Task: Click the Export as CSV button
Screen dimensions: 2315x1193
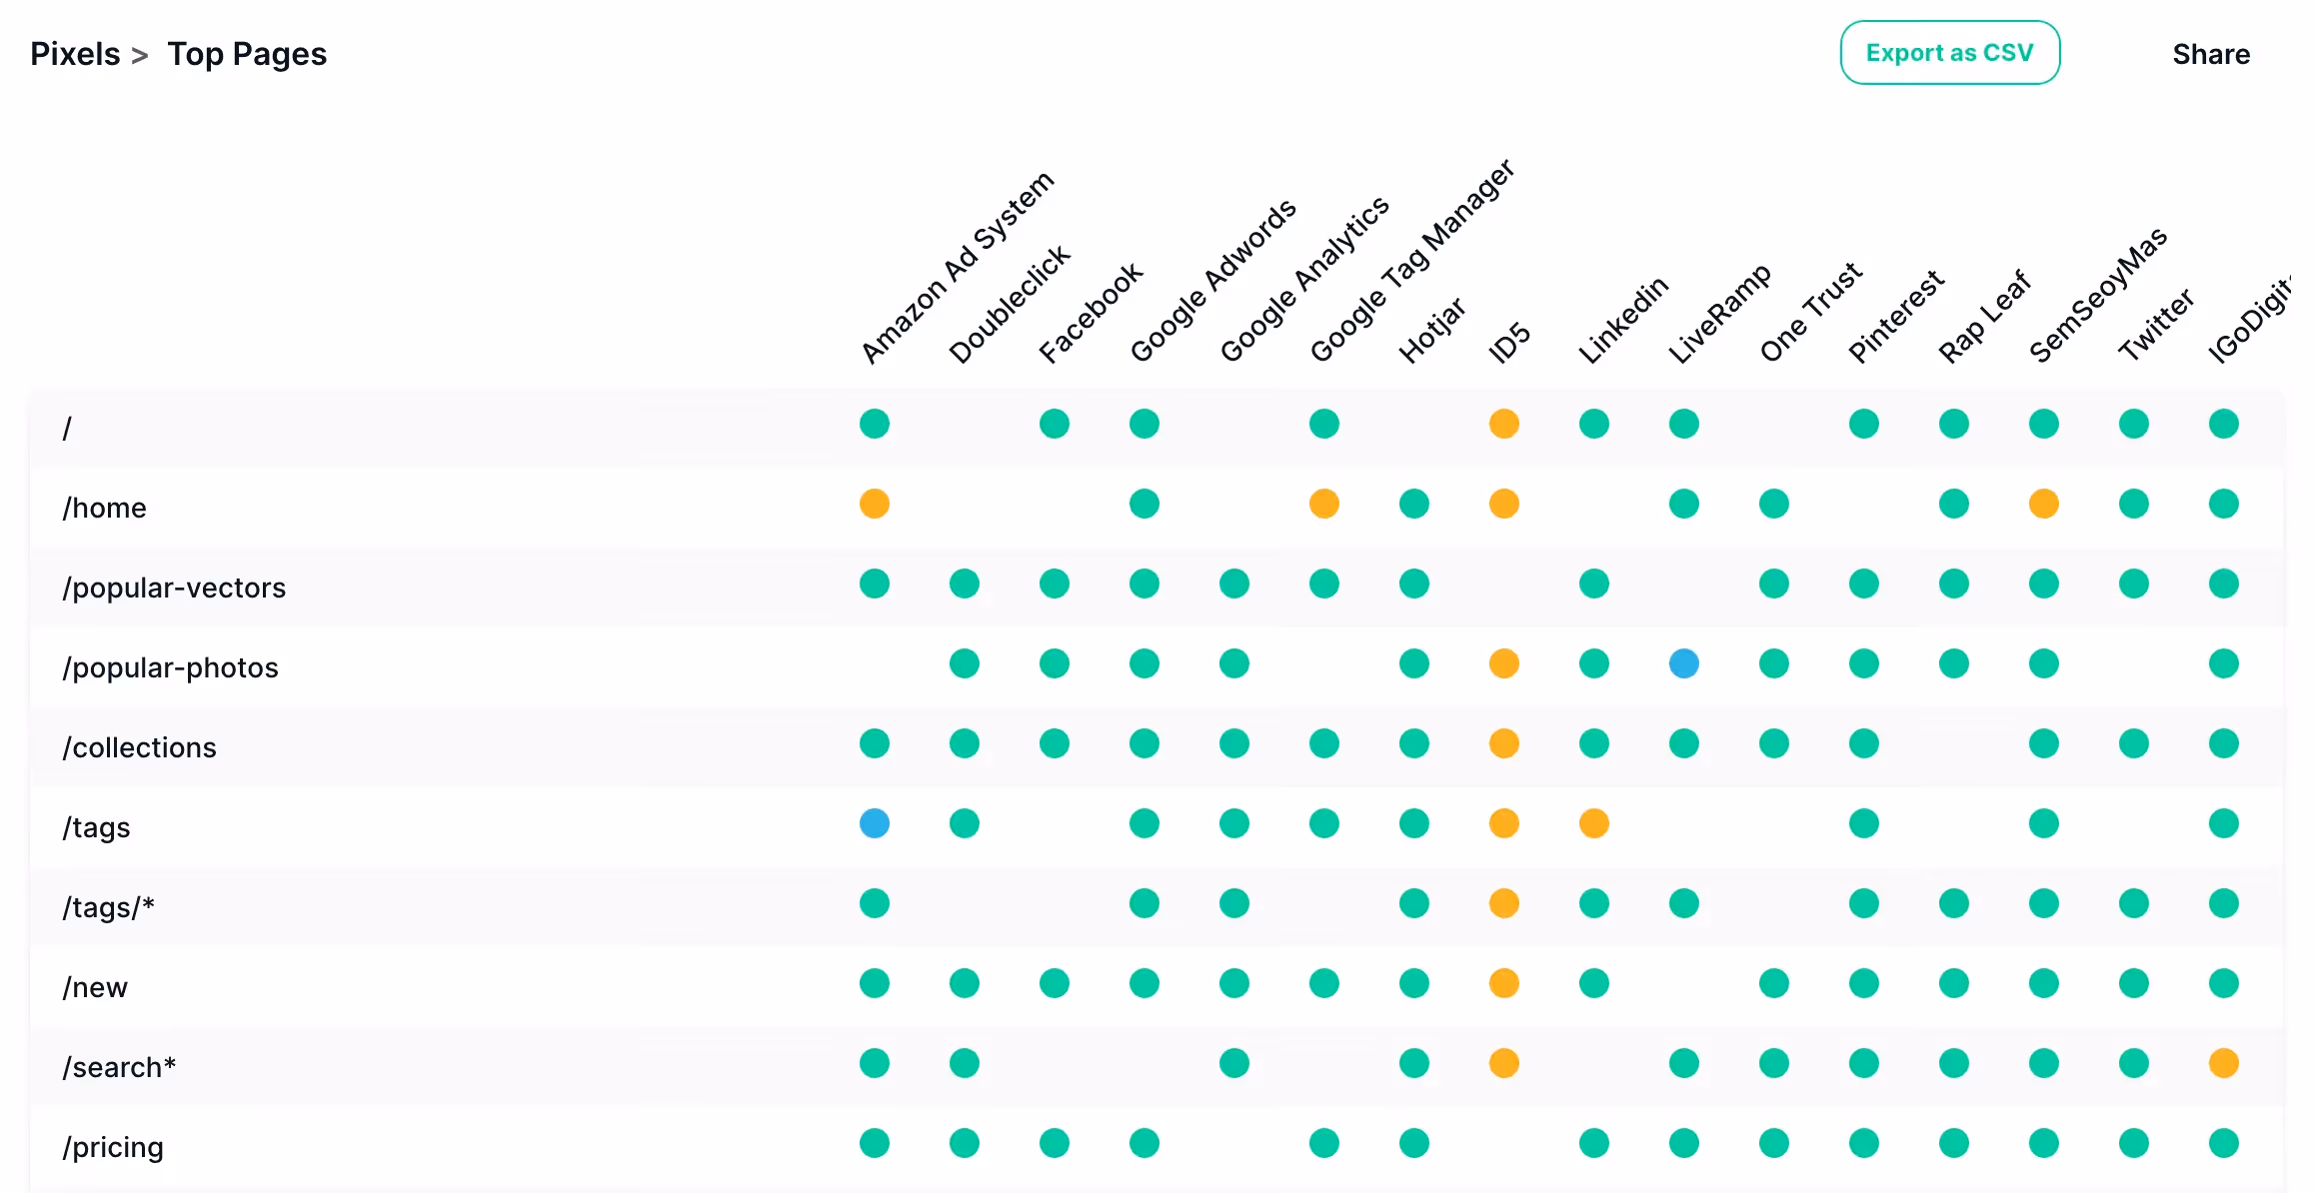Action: click(x=1949, y=53)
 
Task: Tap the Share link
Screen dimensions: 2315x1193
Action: click(x=2211, y=54)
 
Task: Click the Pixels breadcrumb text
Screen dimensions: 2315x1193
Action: click(x=75, y=54)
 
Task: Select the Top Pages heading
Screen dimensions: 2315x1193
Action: click(x=247, y=54)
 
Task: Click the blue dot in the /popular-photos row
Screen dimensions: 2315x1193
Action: click(x=1684, y=663)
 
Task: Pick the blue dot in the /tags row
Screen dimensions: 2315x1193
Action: click(x=875, y=823)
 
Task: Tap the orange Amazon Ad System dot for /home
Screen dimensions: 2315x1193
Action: click(x=875, y=504)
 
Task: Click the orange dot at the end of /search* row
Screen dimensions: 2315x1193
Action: click(x=2224, y=1063)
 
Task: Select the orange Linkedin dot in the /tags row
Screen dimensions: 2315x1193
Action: click(x=1594, y=823)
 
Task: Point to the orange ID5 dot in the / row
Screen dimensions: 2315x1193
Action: click(x=1504, y=424)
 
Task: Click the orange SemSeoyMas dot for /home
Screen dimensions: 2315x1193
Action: click(x=2044, y=504)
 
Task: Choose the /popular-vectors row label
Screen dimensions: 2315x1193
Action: click(x=174, y=588)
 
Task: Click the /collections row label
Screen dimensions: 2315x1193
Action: click(x=139, y=747)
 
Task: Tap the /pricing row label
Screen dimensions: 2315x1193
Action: click(x=113, y=1147)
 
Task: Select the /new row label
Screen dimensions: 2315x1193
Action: click(x=95, y=987)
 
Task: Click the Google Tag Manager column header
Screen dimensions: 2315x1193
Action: click(x=1412, y=260)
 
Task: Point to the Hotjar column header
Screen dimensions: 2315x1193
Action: click(x=1431, y=330)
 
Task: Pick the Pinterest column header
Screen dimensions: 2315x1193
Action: click(x=1896, y=316)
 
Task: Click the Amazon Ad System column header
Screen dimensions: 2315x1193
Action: click(x=958, y=267)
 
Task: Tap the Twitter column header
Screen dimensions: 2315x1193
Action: click(x=2156, y=325)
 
